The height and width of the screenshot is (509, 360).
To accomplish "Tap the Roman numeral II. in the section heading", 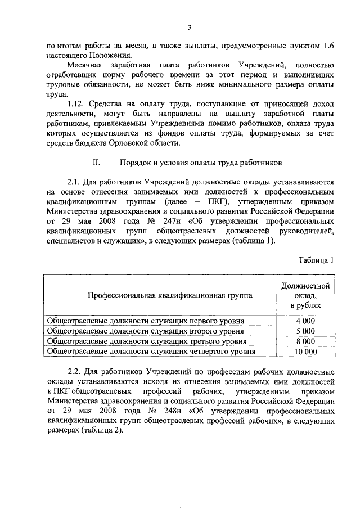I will [96, 163].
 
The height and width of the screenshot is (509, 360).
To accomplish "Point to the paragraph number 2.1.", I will [75, 183].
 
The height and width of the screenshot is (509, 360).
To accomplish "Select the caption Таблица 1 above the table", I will [316, 259].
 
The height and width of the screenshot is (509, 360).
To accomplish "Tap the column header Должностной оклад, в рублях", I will [305, 295].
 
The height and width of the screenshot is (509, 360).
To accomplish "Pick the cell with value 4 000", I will [305, 321].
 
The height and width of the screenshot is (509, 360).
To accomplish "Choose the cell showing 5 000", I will [305, 331].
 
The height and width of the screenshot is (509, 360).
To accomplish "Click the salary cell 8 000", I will [305, 341].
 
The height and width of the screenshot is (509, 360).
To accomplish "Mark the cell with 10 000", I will [305, 352].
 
